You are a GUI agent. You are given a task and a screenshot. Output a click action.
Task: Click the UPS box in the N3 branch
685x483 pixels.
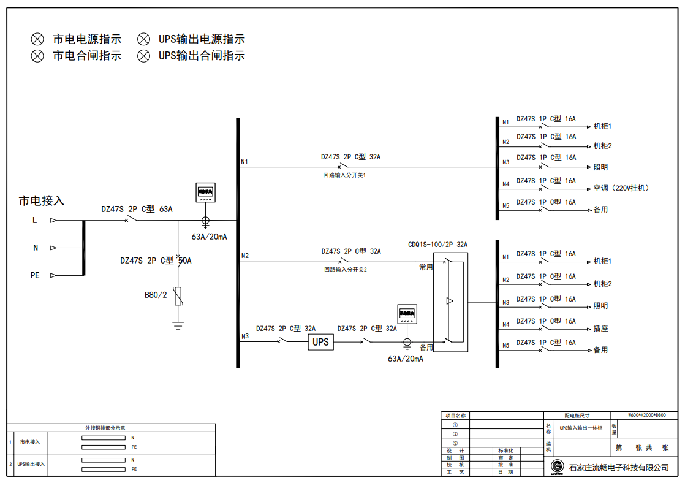320,342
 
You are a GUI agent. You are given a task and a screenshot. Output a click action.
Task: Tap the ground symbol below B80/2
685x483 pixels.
178,325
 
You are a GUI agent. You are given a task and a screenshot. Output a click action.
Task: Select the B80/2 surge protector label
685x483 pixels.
156,295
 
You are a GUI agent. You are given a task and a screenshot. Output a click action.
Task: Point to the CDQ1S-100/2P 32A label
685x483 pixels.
437,245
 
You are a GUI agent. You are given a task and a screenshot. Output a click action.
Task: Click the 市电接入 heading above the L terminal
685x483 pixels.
42,201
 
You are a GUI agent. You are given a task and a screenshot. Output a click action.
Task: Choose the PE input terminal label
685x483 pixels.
35,276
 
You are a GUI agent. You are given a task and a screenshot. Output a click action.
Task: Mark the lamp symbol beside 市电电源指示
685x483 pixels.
38,39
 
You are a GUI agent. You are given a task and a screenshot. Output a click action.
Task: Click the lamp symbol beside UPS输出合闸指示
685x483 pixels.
143,56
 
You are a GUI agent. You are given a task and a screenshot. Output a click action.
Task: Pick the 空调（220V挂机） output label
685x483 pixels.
621,188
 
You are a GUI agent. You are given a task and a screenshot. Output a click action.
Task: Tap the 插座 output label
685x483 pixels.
600,329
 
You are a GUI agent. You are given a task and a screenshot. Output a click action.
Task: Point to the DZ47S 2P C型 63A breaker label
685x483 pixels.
137,209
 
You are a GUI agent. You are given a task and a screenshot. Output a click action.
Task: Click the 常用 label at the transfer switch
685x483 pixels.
426,267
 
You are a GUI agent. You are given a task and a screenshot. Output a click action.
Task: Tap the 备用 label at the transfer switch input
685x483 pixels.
426,348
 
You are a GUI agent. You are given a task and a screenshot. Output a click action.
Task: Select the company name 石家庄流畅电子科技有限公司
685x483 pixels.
619,468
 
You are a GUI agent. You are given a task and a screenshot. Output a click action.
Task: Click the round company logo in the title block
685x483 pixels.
557,466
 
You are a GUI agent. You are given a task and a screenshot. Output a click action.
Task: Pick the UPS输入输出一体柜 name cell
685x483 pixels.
580,428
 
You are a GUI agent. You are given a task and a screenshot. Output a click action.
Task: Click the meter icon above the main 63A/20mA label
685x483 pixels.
205,192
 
